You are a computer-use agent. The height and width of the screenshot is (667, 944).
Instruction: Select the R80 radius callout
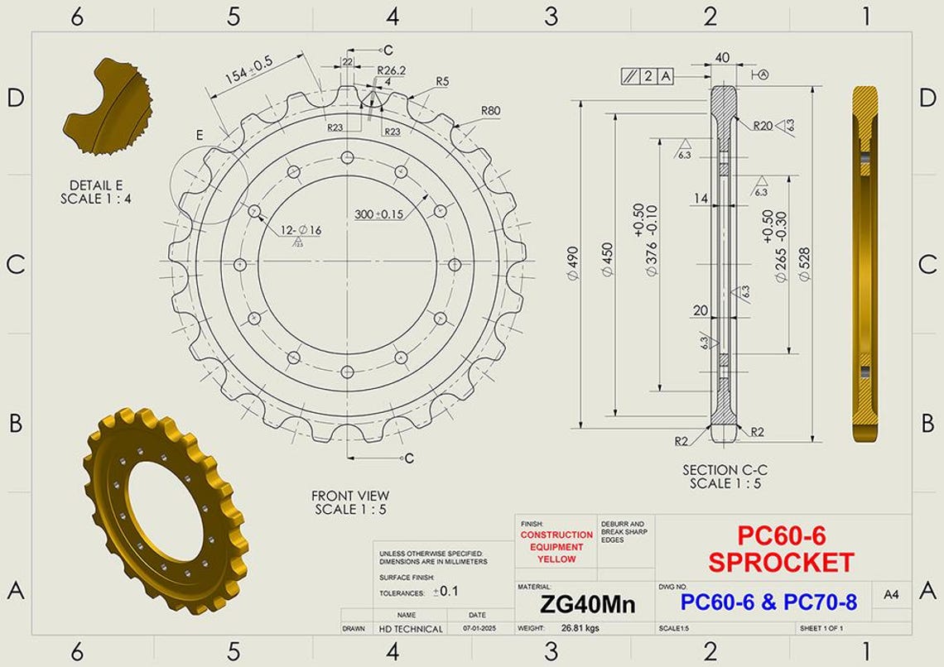pos(490,111)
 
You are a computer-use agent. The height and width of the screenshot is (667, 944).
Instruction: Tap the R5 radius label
pos(442,81)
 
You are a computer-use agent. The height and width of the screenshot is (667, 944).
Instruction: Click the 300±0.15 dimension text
pos(379,214)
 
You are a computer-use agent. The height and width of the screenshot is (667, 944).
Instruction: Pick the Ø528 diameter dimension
pos(802,264)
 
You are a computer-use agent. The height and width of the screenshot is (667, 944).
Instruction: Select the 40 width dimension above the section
pos(722,57)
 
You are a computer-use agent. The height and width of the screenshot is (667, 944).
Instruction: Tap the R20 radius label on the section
pos(763,126)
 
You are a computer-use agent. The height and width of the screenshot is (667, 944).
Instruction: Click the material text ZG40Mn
pos(587,604)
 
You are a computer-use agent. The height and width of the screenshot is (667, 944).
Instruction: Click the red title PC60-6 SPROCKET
pos(781,549)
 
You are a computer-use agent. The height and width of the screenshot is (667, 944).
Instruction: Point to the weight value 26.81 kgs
pos(580,628)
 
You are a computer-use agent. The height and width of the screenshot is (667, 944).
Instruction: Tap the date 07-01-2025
pos(477,628)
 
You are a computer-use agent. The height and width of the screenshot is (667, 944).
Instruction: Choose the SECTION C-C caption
pos(725,476)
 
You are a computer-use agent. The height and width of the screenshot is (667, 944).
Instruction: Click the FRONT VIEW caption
pos(350,502)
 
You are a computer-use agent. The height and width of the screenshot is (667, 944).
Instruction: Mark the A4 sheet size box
pos(891,594)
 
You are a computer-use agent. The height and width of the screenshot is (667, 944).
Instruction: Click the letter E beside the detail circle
pos(200,135)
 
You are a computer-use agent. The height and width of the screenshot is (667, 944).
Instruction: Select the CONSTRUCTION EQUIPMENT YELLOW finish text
pos(556,547)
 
